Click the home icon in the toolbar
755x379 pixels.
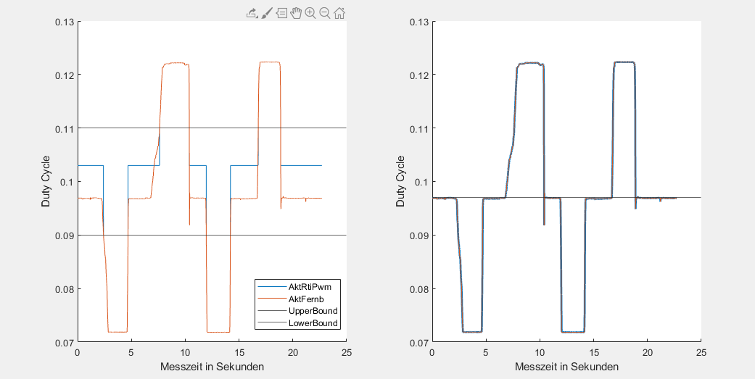339,12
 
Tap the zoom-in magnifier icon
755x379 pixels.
310,12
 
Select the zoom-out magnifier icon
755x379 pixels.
325,12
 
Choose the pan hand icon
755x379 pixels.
296,12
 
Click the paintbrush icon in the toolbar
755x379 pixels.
267,12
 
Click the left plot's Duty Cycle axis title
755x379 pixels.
46,182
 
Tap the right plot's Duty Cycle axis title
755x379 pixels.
401,182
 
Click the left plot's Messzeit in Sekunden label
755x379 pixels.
212,367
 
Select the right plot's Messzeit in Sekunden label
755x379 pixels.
566,367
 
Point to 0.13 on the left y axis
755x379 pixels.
65,22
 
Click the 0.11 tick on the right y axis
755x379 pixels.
419,128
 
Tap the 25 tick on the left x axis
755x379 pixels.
346,352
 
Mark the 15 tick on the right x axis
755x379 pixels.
593,352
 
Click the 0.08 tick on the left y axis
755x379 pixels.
65,289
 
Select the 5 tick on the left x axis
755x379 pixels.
131,352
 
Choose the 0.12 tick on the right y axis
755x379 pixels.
419,75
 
